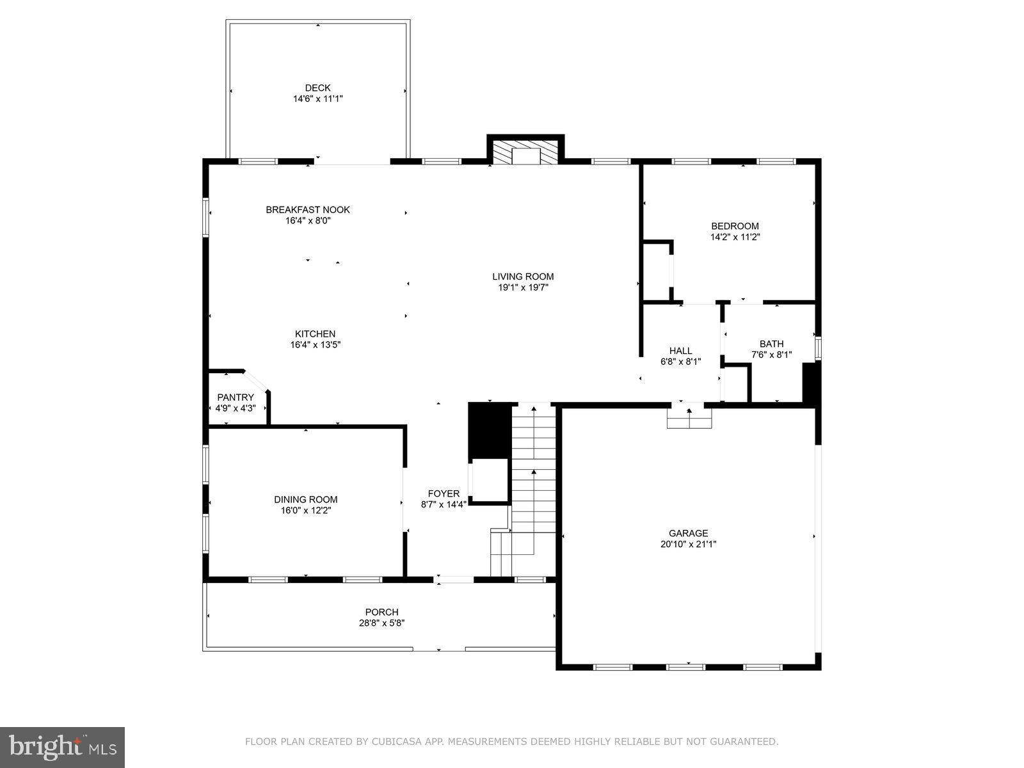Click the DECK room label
(x=317, y=88)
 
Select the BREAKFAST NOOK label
(x=308, y=210)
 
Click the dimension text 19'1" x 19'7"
(x=523, y=288)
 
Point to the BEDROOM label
(x=735, y=226)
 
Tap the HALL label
(x=680, y=351)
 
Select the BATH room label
(x=771, y=344)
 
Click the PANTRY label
(x=236, y=397)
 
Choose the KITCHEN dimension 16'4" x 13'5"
(x=315, y=345)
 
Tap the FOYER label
(x=444, y=493)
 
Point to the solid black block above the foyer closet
(x=489, y=429)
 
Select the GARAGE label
(x=688, y=533)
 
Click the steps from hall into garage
(x=689, y=418)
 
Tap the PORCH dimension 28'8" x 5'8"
(x=381, y=623)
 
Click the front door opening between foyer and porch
(x=454, y=580)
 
